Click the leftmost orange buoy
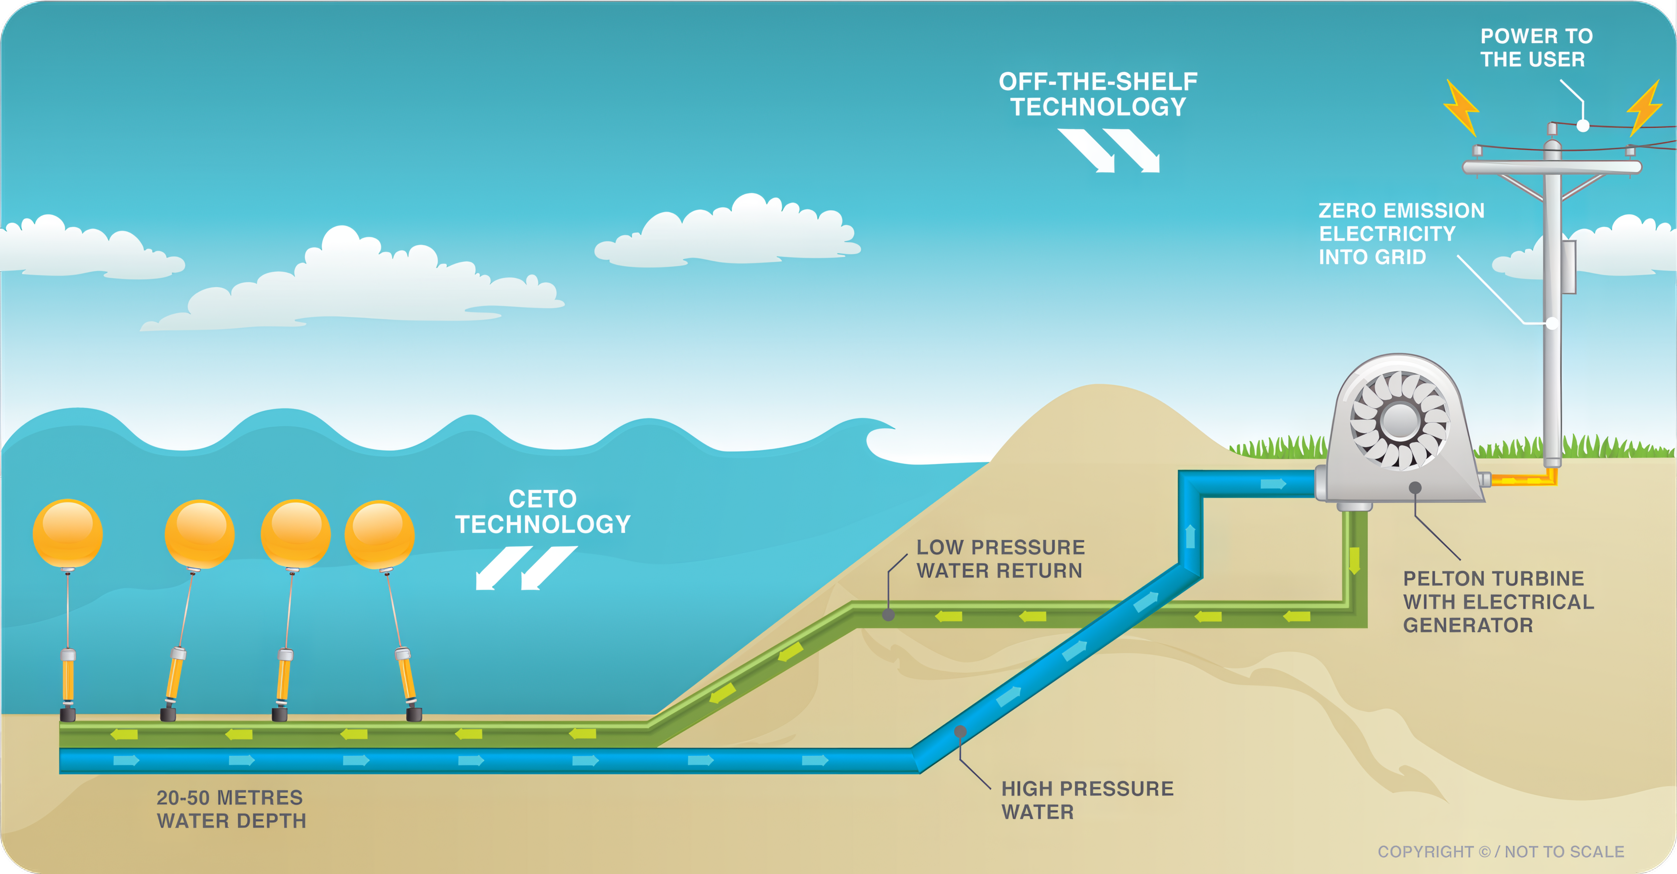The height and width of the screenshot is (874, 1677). click(68, 533)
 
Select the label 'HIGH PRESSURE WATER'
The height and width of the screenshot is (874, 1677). click(1087, 800)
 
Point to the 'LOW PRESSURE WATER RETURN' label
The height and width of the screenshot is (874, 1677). click(1001, 559)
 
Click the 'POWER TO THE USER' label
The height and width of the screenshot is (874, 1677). click(1536, 48)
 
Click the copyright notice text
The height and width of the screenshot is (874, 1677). click(1501, 852)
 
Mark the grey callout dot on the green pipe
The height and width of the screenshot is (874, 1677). click(888, 615)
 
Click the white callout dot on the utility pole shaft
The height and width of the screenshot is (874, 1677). click(1552, 323)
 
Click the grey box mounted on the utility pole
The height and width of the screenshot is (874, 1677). click(1568, 267)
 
